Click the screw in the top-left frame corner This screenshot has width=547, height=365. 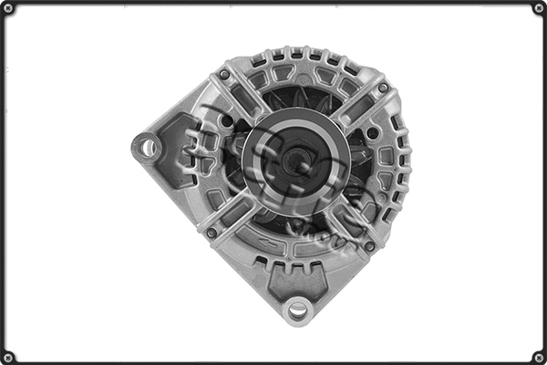tap(8, 8)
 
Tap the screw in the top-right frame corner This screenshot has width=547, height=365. tap(539, 8)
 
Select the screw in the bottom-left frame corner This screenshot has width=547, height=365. tap(8, 357)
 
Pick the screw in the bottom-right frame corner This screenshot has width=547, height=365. tap(539, 357)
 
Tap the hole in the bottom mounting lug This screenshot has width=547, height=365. tap(297, 310)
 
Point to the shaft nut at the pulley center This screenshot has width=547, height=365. tap(294, 162)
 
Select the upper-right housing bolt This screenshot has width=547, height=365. tap(383, 88)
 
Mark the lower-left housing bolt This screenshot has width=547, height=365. tap(212, 233)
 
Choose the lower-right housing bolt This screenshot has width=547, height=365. tap(369, 245)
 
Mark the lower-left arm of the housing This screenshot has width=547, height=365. tap(232, 214)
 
